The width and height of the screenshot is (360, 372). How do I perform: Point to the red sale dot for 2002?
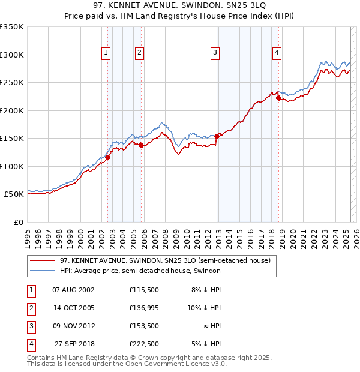pyautogui.click(x=108, y=158)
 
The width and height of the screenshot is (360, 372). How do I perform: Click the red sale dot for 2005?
pyautogui.click(x=142, y=145)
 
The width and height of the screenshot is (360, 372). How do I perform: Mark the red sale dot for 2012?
pyautogui.click(x=217, y=136)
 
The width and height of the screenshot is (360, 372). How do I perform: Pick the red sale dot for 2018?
pyautogui.click(x=279, y=98)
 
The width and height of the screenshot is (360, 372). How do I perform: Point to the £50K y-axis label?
pyautogui.click(x=14, y=194)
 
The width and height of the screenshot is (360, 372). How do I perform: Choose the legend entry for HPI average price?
pyautogui.click(x=140, y=271)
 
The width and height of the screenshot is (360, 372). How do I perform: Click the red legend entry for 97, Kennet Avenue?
pyautogui.click(x=165, y=261)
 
